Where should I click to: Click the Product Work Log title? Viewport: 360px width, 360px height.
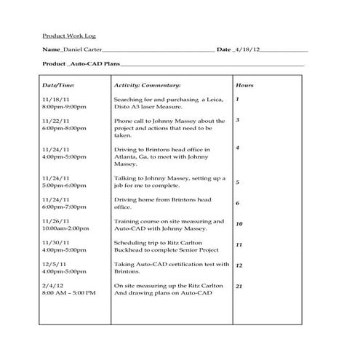(x=69, y=36)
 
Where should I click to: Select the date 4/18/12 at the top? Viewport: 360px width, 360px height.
(x=247, y=50)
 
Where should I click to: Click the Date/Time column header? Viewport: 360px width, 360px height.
(x=59, y=85)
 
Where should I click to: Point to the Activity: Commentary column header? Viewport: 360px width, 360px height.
(x=146, y=85)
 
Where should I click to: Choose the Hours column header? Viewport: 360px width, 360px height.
(x=244, y=85)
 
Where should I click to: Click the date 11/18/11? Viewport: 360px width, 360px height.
(x=57, y=99)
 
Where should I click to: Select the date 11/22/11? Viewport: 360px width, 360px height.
(x=57, y=120)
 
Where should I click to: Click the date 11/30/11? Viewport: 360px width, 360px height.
(x=57, y=241)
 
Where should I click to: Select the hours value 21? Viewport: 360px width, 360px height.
(x=239, y=287)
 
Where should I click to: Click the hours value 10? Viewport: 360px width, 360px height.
(x=239, y=225)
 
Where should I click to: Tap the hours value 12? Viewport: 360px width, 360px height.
(x=239, y=266)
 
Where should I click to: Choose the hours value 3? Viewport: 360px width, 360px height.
(x=238, y=120)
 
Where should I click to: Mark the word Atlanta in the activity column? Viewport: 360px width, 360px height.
(x=128, y=156)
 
